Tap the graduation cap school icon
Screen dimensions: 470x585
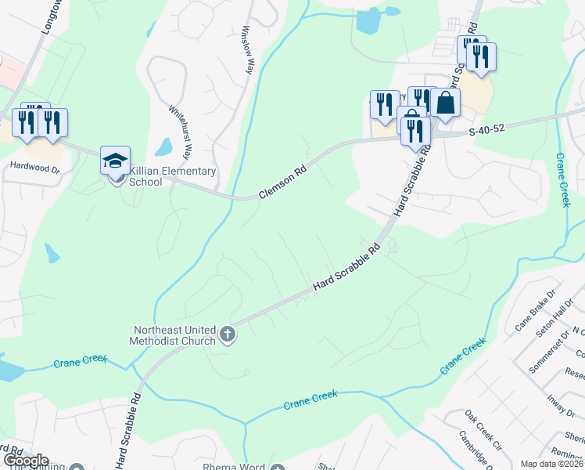coord(115,161)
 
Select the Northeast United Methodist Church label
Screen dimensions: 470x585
coord(174,335)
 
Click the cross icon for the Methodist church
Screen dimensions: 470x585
coord(228,335)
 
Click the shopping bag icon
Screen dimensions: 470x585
coord(445,103)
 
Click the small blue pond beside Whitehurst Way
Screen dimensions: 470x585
coord(163,146)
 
